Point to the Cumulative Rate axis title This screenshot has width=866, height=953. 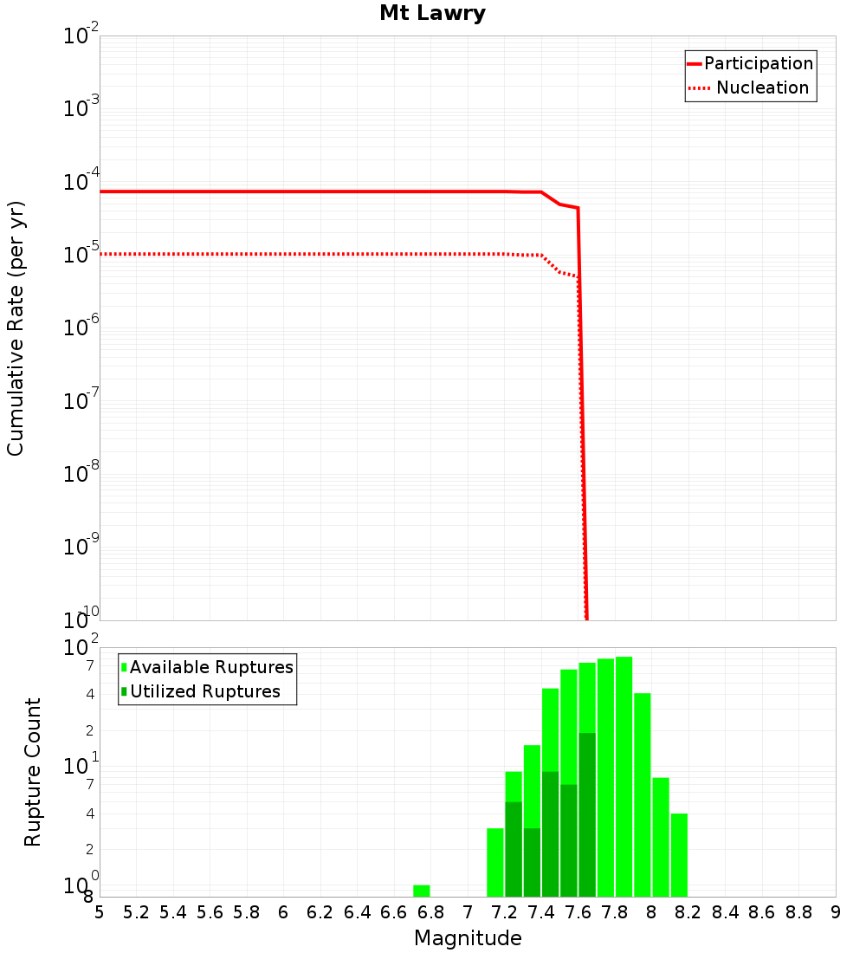(x=16, y=328)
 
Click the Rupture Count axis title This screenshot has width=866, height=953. (x=33, y=772)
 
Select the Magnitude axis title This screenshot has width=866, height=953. (x=468, y=938)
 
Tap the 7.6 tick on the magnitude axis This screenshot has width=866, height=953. (x=578, y=912)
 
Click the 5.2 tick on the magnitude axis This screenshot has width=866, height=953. (x=136, y=912)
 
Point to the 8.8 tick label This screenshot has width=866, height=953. (x=798, y=912)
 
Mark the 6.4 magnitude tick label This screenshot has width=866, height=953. (x=357, y=912)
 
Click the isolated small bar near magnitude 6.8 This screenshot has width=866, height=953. (x=422, y=891)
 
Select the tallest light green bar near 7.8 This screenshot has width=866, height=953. (x=624, y=776)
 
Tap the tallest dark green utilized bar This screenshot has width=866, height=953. (x=587, y=814)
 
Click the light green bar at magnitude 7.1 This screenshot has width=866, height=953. (x=495, y=862)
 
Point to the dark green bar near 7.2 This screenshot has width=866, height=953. (x=514, y=849)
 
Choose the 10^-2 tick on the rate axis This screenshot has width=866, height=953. (x=81, y=36)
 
